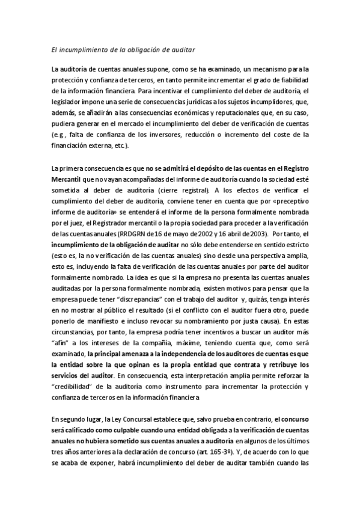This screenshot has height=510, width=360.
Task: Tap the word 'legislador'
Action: click(x=66, y=102)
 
